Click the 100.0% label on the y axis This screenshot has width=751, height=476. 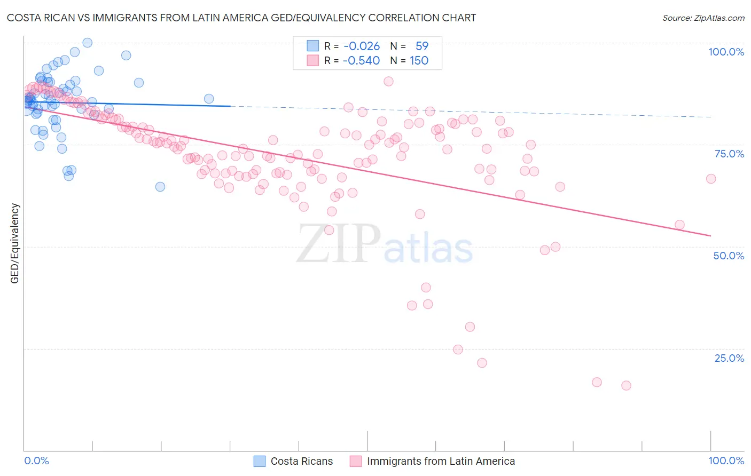pyautogui.click(x=726, y=52)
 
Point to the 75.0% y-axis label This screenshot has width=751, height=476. pyautogui.click(x=729, y=154)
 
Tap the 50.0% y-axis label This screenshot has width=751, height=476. pyautogui.click(x=729, y=256)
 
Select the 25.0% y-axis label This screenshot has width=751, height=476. pyautogui.click(x=729, y=358)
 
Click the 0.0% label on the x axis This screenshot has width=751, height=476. pyautogui.click(x=36, y=461)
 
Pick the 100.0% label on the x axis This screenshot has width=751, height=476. pyautogui.click(x=726, y=461)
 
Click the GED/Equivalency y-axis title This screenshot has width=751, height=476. pyautogui.click(x=15, y=243)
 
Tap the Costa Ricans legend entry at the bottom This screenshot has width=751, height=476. pyautogui.click(x=301, y=461)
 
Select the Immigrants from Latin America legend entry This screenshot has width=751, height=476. pyautogui.click(x=441, y=461)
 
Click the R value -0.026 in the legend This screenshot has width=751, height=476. pyautogui.click(x=362, y=46)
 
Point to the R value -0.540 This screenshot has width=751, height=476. pyautogui.click(x=362, y=60)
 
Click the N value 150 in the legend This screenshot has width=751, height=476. pyautogui.click(x=419, y=60)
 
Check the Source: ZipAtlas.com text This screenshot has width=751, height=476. pyautogui.click(x=703, y=18)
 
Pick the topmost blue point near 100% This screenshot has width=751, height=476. pyautogui.click(x=87, y=43)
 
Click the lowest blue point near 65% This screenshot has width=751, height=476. pyautogui.click(x=160, y=186)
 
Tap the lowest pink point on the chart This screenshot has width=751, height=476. pyautogui.click(x=626, y=385)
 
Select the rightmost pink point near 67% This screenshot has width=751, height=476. pyautogui.click(x=710, y=179)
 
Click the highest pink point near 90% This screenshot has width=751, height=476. pyautogui.click(x=388, y=81)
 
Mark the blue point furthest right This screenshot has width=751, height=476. pyautogui.click(x=209, y=98)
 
